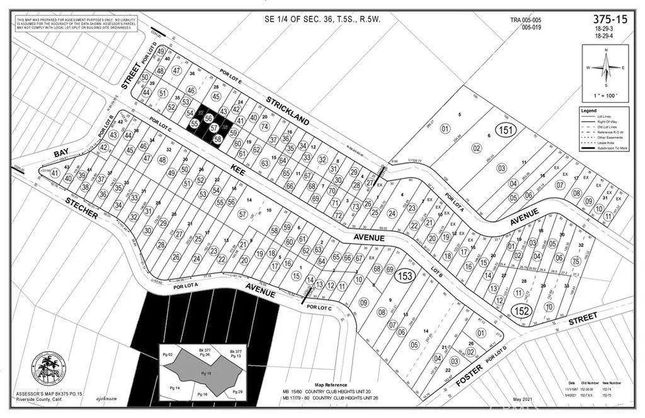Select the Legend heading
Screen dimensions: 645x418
(x=588, y=110)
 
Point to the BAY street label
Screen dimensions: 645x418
(x=61, y=153)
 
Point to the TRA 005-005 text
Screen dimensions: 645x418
(x=526, y=20)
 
